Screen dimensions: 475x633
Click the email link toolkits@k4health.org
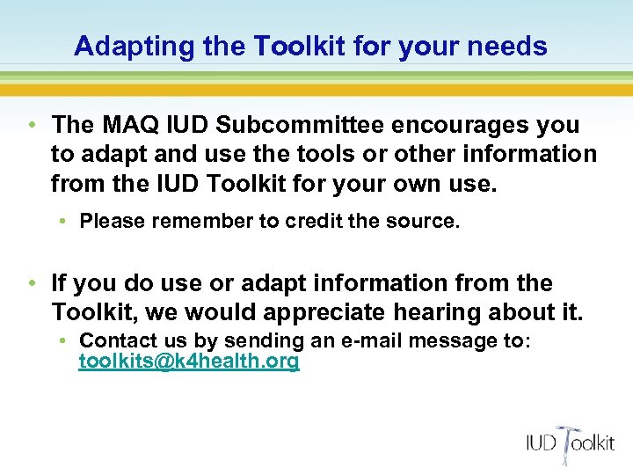pos(189,362)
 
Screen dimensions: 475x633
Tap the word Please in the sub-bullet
pos(113,221)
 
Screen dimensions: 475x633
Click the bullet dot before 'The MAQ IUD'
pos(32,125)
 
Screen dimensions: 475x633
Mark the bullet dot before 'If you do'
pos(32,283)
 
